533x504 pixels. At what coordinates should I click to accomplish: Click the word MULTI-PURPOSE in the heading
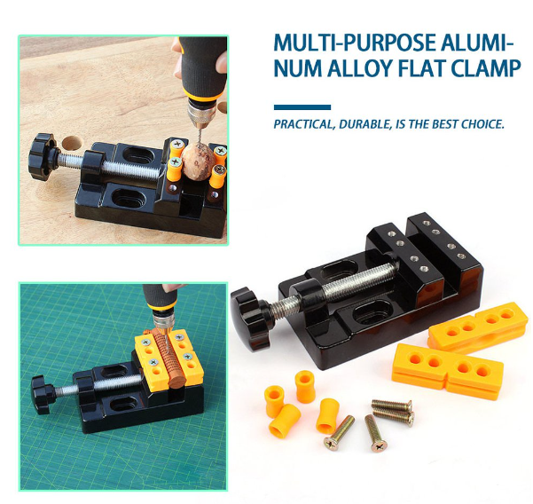(x=347, y=43)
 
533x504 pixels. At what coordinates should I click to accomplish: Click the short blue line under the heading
(x=302, y=107)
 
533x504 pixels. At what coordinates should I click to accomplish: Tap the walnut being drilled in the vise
(x=198, y=161)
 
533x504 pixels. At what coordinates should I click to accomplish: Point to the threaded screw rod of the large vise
(x=340, y=287)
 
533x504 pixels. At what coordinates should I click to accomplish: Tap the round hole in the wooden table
(x=73, y=143)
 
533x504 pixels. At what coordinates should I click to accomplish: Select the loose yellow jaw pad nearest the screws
(x=447, y=371)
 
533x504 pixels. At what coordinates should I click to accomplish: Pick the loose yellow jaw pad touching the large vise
(x=478, y=324)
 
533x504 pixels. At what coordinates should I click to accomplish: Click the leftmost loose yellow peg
(x=275, y=400)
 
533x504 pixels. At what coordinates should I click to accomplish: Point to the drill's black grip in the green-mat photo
(x=159, y=296)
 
